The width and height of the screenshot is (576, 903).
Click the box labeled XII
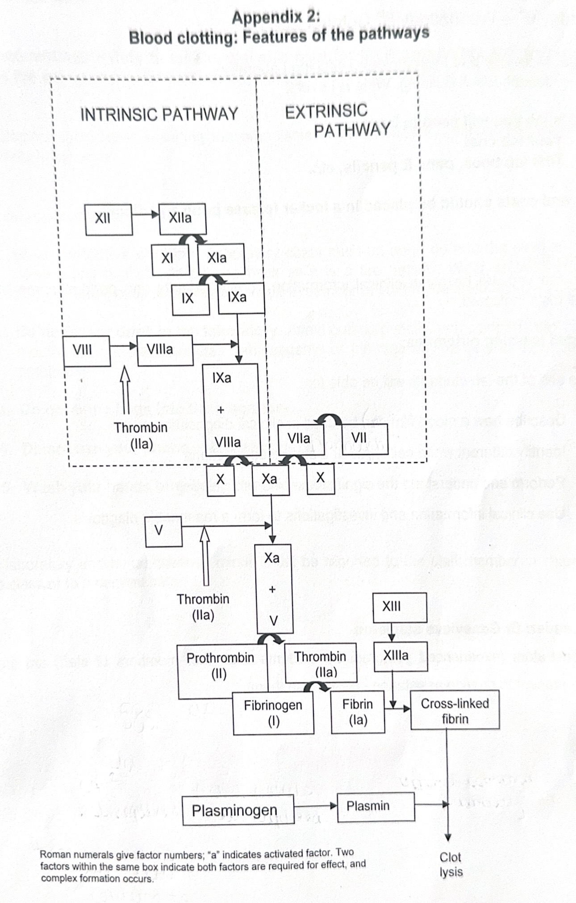point(109,219)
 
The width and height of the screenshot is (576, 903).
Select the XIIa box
point(182,218)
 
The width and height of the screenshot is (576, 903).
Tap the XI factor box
point(170,259)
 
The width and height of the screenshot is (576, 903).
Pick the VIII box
point(87,350)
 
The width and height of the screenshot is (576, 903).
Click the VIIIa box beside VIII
point(165,350)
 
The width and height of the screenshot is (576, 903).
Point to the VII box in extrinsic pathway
point(364,438)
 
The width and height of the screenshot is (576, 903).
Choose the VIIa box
point(301,439)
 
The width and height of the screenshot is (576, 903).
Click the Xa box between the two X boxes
point(270,479)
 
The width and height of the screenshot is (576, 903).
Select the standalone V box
point(163,531)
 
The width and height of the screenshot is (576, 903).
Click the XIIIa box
point(400,656)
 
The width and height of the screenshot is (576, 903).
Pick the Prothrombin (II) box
point(221,666)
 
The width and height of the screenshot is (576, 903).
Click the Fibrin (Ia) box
point(358,711)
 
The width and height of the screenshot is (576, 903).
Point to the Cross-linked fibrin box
point(455,710)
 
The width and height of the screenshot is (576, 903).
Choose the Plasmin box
point(376,806)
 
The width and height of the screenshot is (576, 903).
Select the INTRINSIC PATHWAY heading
point(159,114)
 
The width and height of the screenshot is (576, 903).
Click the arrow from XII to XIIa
point(146,215)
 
